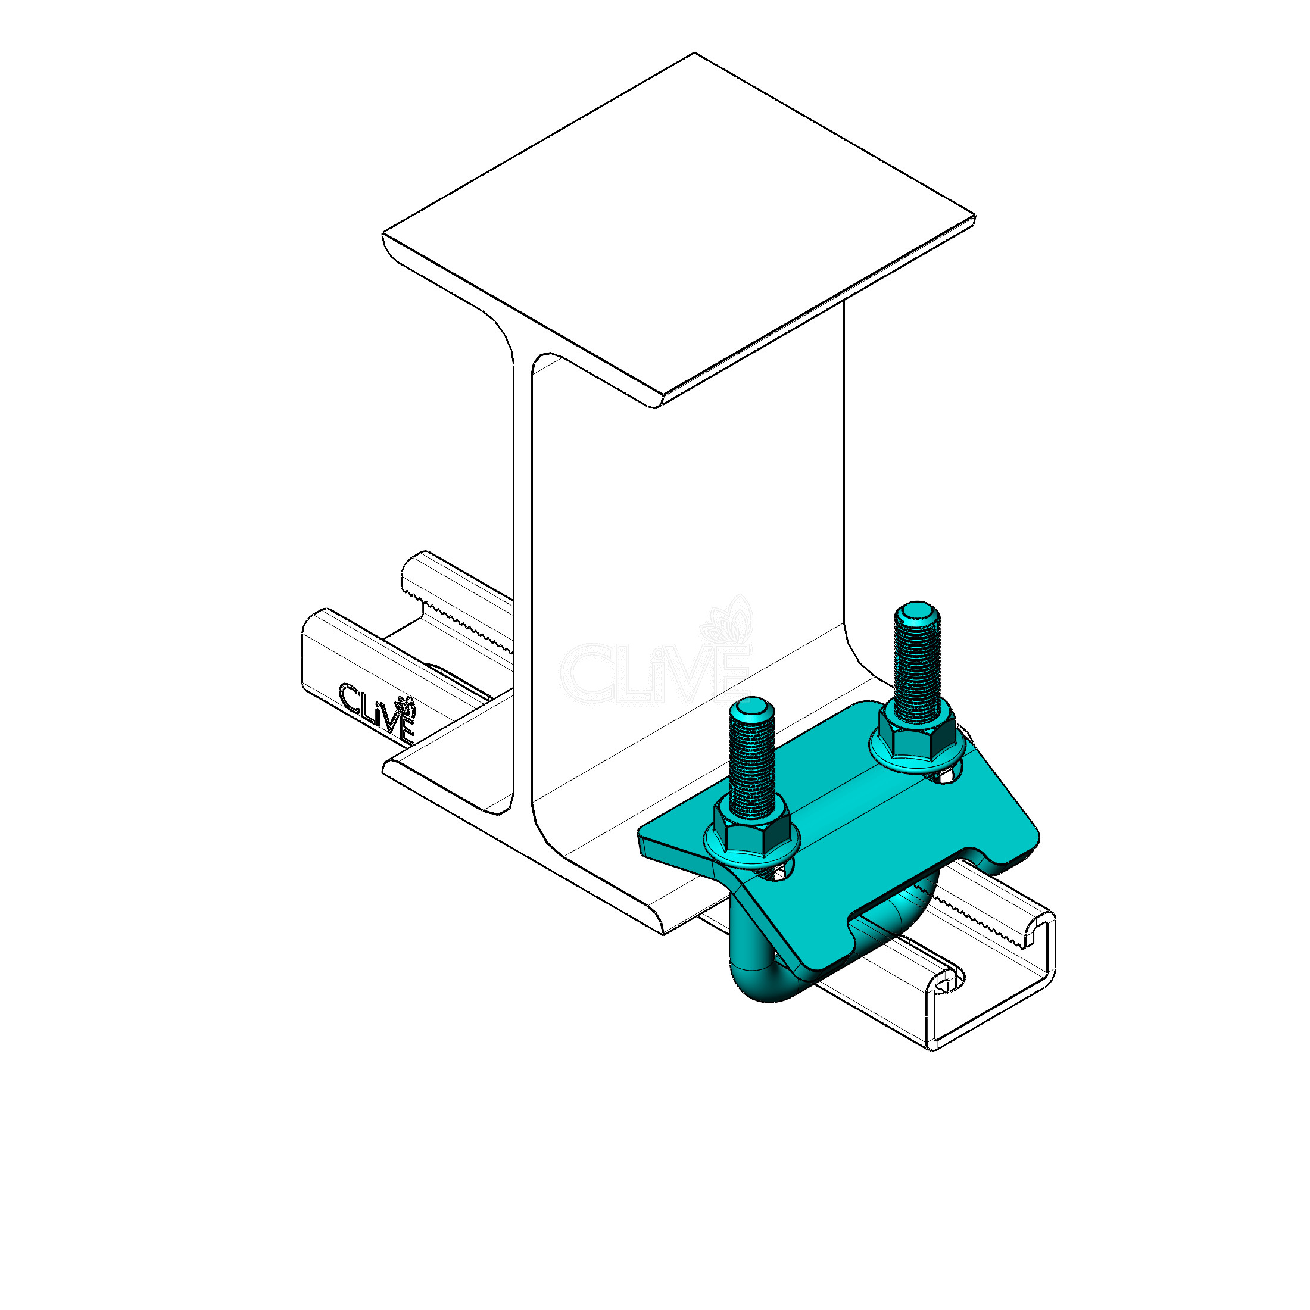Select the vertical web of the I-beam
pos(685,542)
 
